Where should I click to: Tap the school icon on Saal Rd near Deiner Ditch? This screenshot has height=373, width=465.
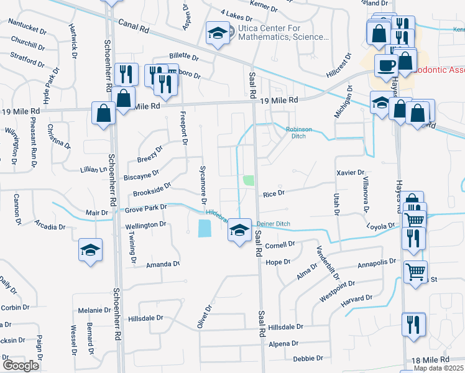[237, 230]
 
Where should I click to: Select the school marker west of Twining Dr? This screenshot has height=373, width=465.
[91, 250]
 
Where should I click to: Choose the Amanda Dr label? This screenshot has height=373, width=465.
[163, 264]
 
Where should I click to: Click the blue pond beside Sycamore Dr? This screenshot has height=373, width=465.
[204, 229]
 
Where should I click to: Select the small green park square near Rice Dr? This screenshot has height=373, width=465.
[249, 180]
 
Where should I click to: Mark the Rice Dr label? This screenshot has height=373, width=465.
[274, 194]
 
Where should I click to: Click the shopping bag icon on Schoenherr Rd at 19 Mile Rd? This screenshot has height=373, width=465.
[103, 113]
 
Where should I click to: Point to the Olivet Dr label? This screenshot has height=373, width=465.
[205, 316]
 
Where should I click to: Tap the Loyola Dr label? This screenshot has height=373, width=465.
[381, 226]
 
